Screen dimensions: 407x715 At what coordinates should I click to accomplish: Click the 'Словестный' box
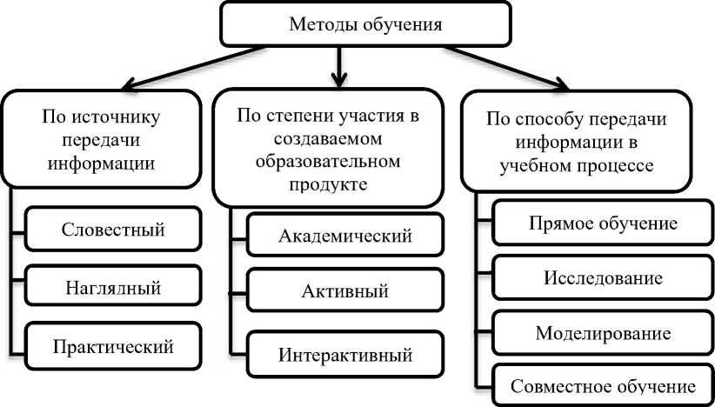(113, 230)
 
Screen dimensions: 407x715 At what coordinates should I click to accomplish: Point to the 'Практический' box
(113, 345)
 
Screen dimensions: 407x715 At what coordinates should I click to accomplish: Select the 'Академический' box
(345, 236)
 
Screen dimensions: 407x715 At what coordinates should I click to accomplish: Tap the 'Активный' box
(345, 291)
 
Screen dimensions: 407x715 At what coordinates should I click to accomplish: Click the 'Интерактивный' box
(345, 355)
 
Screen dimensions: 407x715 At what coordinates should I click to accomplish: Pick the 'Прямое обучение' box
(604, 224)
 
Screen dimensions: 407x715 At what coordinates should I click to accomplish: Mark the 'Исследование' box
(604, 278)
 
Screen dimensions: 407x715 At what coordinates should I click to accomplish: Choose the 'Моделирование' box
(604, 333)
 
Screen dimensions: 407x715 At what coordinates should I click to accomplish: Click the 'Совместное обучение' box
(604, 386)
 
